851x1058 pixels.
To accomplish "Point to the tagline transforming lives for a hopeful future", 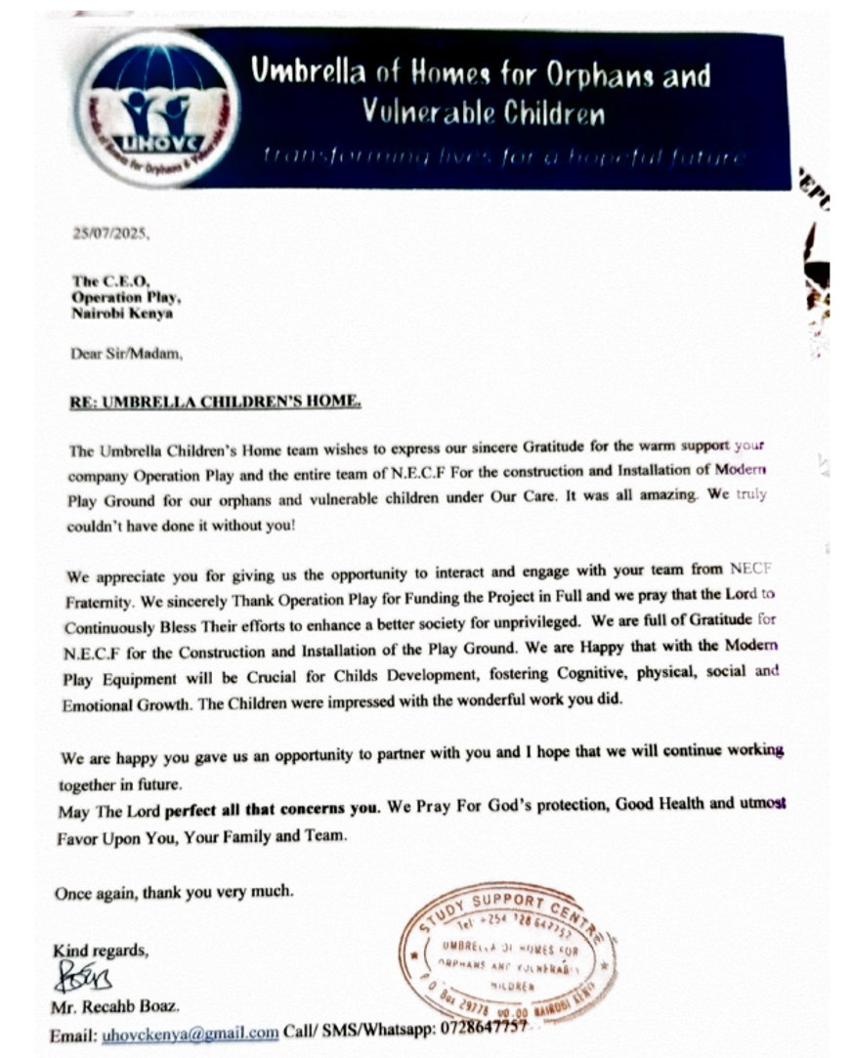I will [x=502, y=157].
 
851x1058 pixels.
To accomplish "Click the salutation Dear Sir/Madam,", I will [x=126, y=355].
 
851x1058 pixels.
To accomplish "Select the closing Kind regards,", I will [x=101, y=951].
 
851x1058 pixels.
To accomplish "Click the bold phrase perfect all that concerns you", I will [x=271, y=810].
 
